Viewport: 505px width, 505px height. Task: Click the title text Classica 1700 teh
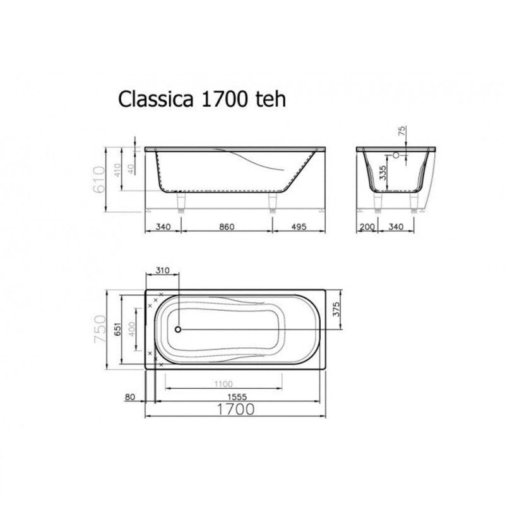coord(202,99)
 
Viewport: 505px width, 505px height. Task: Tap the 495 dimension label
coord(299,227)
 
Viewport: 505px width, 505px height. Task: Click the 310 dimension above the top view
coord(162,271)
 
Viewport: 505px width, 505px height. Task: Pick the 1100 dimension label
coord(223,384)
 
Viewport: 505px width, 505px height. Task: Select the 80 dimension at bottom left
coord(131,396)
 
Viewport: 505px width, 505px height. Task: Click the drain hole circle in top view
coord(178,329)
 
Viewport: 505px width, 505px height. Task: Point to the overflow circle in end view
coord(397,155)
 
